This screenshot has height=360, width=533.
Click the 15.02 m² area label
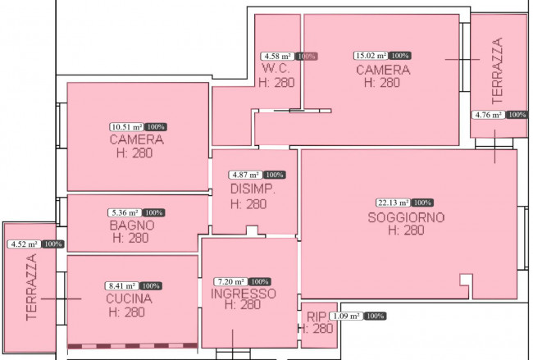[x=371, y=56]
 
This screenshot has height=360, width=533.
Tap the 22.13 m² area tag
[x=394, y=203]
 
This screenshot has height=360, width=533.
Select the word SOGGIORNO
[x=406, y=217]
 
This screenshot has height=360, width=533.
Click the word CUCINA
[x=129, y=298]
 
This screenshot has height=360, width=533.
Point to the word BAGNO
[x=132, y=225]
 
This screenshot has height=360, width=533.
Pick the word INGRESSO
[x=243, y=294]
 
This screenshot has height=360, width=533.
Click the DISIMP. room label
[x=253, y=189]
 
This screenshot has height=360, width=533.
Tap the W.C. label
[x=276, y=68]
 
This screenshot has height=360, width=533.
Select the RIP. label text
[x=317, y=317]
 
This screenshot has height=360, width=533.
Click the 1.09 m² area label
[x=346, y=317]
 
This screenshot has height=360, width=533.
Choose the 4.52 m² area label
[x=24, y=244]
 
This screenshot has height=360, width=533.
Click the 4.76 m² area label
[x=488, y=115]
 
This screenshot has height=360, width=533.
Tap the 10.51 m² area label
[x=127, y=127]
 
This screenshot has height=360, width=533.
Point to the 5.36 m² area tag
[x=125, y=213]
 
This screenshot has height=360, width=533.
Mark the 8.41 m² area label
[x=122, y=286]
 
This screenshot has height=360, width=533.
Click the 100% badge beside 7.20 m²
[x=260, y=282]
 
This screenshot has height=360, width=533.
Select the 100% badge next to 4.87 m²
[x=275, y=175]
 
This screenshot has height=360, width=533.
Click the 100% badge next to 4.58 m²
[x=307, y=56]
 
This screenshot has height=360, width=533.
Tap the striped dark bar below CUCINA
[x=133, y=346]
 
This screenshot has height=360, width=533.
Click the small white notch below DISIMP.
[x=252, y=230]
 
